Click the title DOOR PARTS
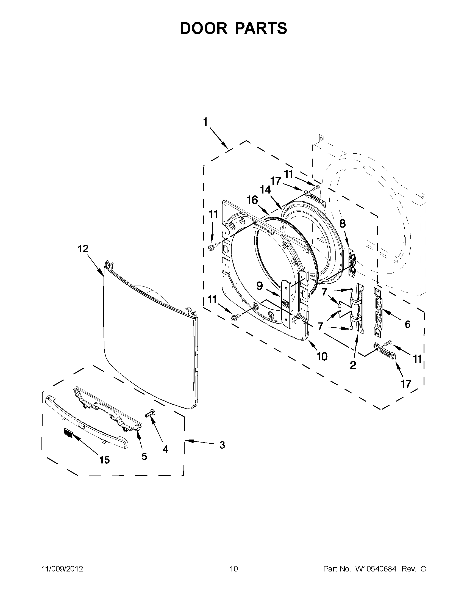pos(233,29)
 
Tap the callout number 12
pos(83,248)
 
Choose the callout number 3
pos(222,445)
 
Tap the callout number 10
pos(322,357)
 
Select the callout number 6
pos(407,324)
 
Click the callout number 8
pos(343,223)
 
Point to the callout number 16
pos(252,200)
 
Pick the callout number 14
pos(265,190)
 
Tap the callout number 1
pos(205,122)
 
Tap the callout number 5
pos(144,456)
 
